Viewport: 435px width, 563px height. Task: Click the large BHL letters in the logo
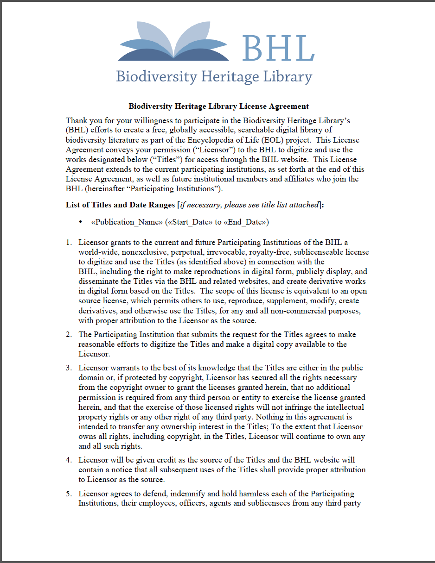278,48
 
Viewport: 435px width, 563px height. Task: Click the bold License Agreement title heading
218,106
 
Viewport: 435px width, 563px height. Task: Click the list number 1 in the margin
69,243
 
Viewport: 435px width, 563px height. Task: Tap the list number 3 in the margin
69,368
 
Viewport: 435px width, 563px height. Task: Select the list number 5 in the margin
69,494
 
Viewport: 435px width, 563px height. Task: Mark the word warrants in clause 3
122,368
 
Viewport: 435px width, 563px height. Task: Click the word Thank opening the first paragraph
77,120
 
